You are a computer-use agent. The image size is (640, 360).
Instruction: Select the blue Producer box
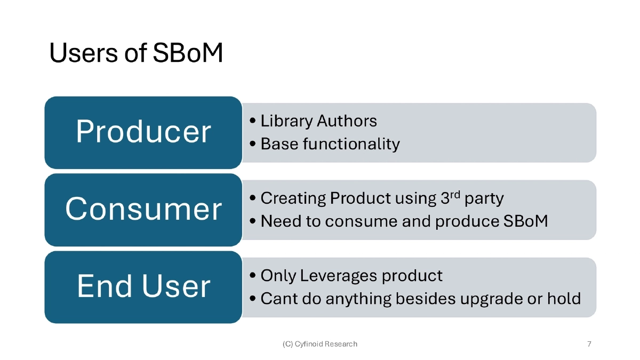pos(143,132)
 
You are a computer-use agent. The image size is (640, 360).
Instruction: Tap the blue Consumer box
pos(143,209)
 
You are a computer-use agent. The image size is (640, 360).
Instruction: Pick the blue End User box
pos(143,286)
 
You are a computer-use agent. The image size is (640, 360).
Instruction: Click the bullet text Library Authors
pos(318,121)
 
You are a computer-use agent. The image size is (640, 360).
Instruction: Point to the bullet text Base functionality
pos(330,144)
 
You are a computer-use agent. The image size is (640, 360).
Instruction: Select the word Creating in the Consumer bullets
pos(293,198)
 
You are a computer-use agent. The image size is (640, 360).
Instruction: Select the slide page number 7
pos(589,344)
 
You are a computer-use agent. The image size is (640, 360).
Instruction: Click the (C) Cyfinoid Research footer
pos(319,344)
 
